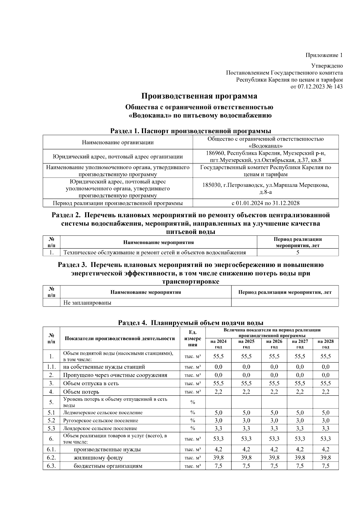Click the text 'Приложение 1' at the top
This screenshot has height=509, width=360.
click(x=324, y=55)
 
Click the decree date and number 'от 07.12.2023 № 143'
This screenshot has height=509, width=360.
click(x=316, y=87)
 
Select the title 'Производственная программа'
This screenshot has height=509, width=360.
click(x=199, y=96)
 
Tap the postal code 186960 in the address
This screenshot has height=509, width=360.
click(x=216, y=153)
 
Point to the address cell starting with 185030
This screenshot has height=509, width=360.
click(x=265, y=188)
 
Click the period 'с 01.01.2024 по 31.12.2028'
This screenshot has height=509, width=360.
click(x=265, y=203)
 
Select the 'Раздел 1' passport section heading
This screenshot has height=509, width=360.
click(x=191, y=131)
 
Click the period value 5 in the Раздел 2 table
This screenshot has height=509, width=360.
click(x=298, y=253)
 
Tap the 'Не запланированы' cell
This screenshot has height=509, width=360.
click(x=87, y=303)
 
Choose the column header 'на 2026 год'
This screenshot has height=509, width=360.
click(x=274, y=344)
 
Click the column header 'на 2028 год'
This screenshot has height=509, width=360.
click(x=325, y=344)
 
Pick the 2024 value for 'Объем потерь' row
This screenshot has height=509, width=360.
click(x=218, y=391)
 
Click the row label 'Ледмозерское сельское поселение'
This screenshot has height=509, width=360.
click(x=103, y=412)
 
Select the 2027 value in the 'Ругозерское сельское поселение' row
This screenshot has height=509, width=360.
click(x=300, y=421)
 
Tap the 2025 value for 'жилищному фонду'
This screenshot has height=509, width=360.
click(x=246, y=457)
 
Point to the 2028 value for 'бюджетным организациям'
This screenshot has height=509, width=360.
click(x=325, y=466)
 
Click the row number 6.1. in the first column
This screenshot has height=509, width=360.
click(x=51, y=449)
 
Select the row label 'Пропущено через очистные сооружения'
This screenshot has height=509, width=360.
click(x=115, y=375)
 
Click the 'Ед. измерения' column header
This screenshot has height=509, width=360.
click(x=193, y=338)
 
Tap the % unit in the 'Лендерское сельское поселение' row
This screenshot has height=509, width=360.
click(x=193, y=428)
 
